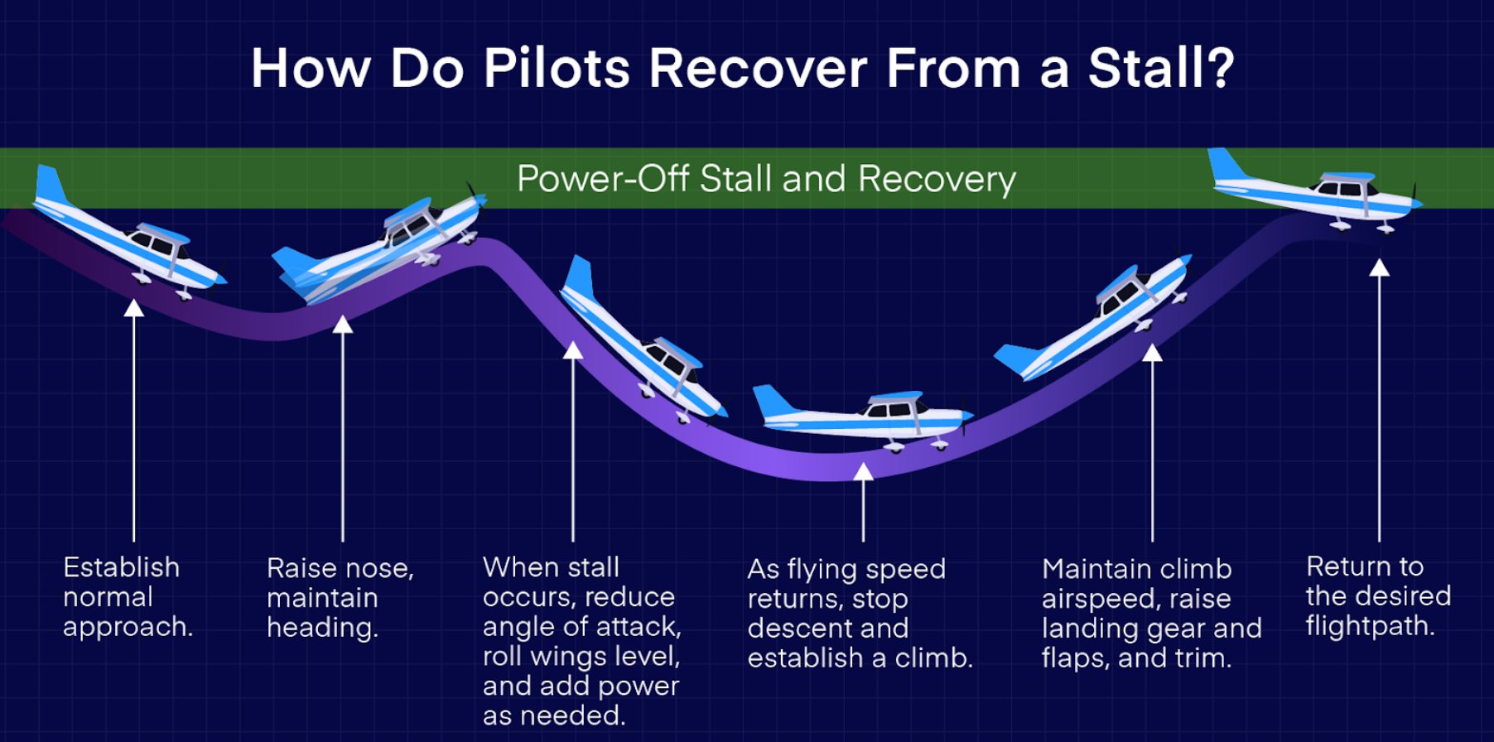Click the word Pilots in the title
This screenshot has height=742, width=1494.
click(x=557, y=68)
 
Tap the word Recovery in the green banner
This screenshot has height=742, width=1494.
click(x=937, y=179)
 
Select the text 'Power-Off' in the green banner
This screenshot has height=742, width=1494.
click(x=603, y=179)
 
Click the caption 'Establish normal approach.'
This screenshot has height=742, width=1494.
click(x=128, y=597)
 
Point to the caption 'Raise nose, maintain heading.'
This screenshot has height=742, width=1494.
click(x=340, y=598)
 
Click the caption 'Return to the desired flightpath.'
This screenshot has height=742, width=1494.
click(x=1378, y=596)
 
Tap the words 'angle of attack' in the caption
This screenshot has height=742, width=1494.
click(x=581, y=627)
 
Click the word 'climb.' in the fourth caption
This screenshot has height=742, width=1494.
click(x=933, y=658)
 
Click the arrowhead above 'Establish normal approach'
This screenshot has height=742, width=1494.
click(x=133, y=309)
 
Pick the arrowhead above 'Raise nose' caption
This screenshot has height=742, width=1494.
click(x=342, y=324)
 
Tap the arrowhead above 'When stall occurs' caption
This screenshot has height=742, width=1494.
click(x=573, y=351)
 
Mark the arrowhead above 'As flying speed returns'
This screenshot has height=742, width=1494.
click(x=863, y=472)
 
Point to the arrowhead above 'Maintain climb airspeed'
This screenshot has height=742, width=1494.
click(x=1152, y=354)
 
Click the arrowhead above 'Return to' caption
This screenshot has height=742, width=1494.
click(x=1379, y=268)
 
